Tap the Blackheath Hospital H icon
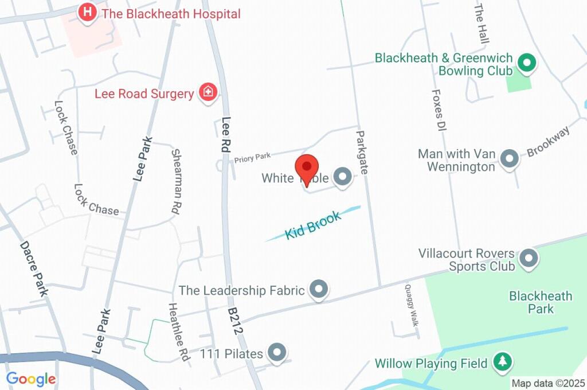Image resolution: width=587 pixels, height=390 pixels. point(87,13)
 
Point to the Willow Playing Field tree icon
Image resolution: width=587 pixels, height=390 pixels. point(502,362)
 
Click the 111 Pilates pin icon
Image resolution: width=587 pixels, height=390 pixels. point(277,353)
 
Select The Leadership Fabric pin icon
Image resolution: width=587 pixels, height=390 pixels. point(318,290)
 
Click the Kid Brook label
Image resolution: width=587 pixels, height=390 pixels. point(313,224)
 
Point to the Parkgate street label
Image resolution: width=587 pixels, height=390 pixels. point(361,153)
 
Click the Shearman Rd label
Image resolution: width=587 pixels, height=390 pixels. point(176,182)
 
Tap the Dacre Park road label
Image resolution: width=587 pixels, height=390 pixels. point(34,268)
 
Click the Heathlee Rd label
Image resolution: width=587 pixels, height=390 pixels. point(178,331)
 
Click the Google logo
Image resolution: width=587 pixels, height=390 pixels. point(31,379)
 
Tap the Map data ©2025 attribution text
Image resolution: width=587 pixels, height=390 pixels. point(547,383)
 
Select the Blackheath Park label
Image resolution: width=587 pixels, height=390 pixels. point(540,302)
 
